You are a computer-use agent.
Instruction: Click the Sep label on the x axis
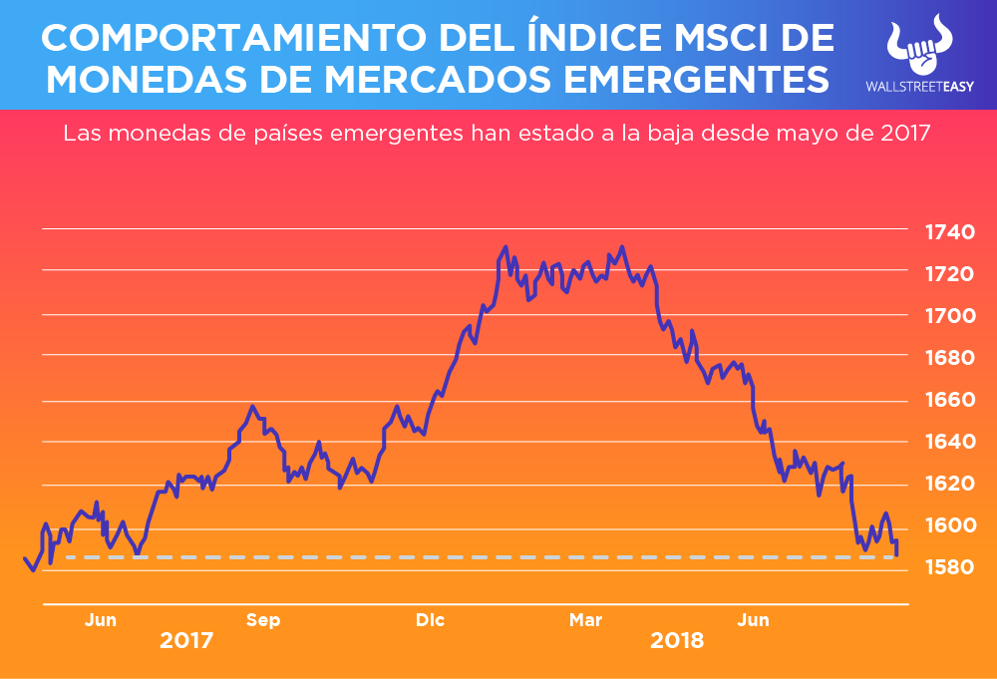click(x=263, y=620)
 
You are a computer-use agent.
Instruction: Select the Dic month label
click(x=431, y=620)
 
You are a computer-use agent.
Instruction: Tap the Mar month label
click(x=586, y=620)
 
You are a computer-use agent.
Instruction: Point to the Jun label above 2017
click(x=101, y=620)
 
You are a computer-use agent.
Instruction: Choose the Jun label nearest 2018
click(x=753, y=620)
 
